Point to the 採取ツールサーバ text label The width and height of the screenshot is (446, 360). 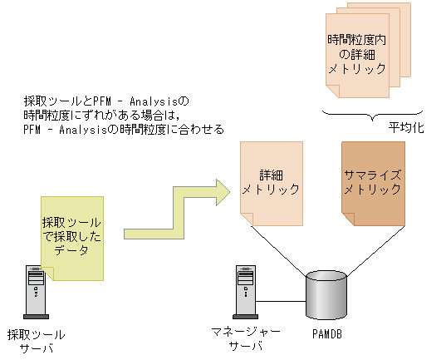click(x=36, y=340)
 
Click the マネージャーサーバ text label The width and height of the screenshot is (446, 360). click(x=246, y=338)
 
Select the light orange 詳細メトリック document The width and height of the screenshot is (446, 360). click(x=270, y=182)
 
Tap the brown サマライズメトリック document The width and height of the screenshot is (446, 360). click(x=373, y=182)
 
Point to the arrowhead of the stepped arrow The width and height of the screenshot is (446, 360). click(x=219, y=190)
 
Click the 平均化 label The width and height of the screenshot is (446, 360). click(x=407, y=131)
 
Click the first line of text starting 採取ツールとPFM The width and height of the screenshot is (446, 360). click(x=107, y=101)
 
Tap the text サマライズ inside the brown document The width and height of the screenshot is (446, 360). click(x=373, y=175)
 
